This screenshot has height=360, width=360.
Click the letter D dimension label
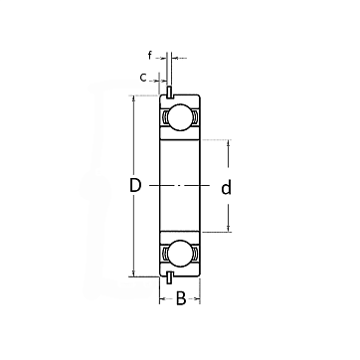point(135,186)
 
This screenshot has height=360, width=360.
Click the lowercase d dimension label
point(226,188)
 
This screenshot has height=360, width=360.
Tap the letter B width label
point(181,298)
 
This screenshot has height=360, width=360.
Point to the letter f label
point(150,56)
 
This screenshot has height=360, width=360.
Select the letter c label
point(143,78)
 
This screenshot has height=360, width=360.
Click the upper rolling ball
point(180,117)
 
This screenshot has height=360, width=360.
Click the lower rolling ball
point(180,254)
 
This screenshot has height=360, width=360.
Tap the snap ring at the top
point(169,92)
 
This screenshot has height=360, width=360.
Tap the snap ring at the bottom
point(169,277)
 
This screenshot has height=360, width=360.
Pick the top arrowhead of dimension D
point(133,98)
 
